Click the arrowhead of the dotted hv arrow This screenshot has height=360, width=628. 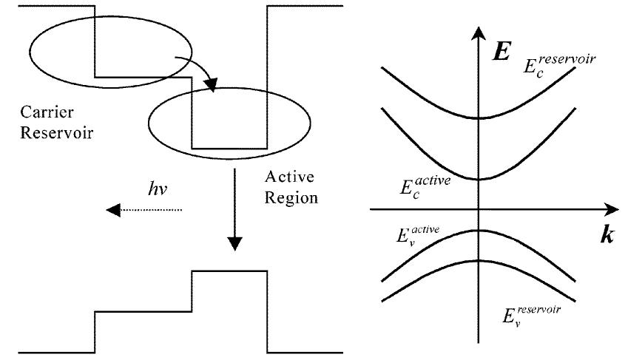(x=112, y=211)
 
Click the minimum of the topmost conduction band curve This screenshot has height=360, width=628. (x=479, y=118)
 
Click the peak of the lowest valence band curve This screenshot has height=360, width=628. (x=479, y=260)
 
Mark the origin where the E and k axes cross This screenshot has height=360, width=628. (x=479, y=209)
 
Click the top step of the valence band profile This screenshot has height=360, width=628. (x=229, y=272)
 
